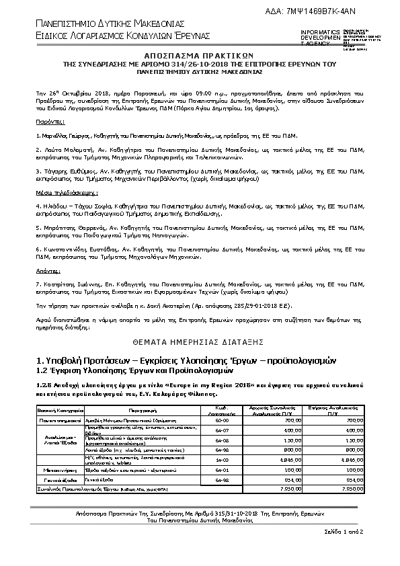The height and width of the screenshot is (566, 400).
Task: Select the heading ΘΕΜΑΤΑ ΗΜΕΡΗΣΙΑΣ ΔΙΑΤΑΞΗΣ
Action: pos(200,341)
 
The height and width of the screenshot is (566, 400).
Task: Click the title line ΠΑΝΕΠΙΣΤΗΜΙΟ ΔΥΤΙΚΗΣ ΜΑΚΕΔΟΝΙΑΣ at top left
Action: pos(106,24)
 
